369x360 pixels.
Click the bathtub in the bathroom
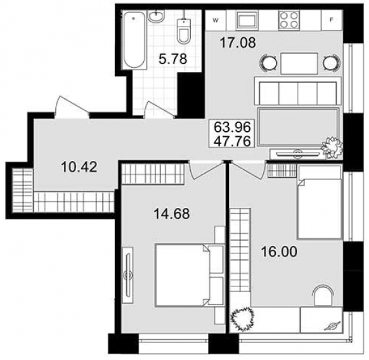134,40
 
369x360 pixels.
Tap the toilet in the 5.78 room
184,31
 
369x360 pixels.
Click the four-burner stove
289,20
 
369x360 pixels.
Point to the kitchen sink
247,20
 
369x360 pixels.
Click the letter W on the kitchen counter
216,20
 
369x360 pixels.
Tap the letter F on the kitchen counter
332,20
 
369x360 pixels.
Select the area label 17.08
238,43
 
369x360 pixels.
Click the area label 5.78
173,58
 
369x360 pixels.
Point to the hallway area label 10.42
79,167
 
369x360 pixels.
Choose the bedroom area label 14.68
172,214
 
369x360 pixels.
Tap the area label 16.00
280,252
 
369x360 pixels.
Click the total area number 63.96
232,127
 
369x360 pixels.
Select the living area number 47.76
232,141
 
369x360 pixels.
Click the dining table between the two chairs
299,63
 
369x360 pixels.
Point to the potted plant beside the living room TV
332,148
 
